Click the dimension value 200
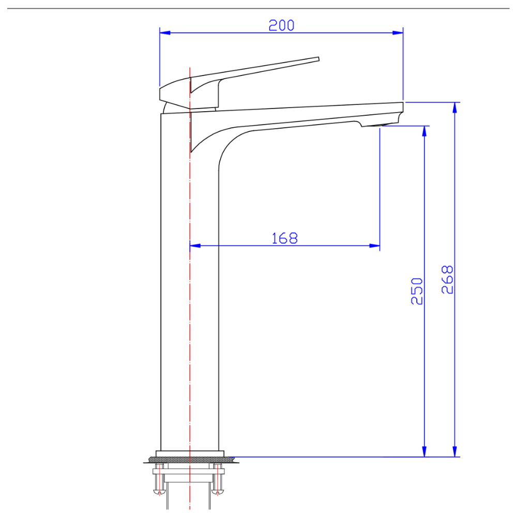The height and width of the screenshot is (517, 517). (281, 25)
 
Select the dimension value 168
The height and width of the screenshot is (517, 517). (285, 238)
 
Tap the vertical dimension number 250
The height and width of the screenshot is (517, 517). (417, 291)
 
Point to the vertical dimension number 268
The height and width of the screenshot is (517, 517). (448, 280)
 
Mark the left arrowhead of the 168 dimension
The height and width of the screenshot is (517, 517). (195, 246)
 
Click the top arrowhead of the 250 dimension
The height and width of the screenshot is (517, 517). (424, 131)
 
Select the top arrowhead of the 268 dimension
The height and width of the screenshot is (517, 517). (455, 107)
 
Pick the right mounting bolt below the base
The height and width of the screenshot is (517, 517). (219, 481)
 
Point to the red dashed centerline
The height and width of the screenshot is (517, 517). (190, 310)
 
